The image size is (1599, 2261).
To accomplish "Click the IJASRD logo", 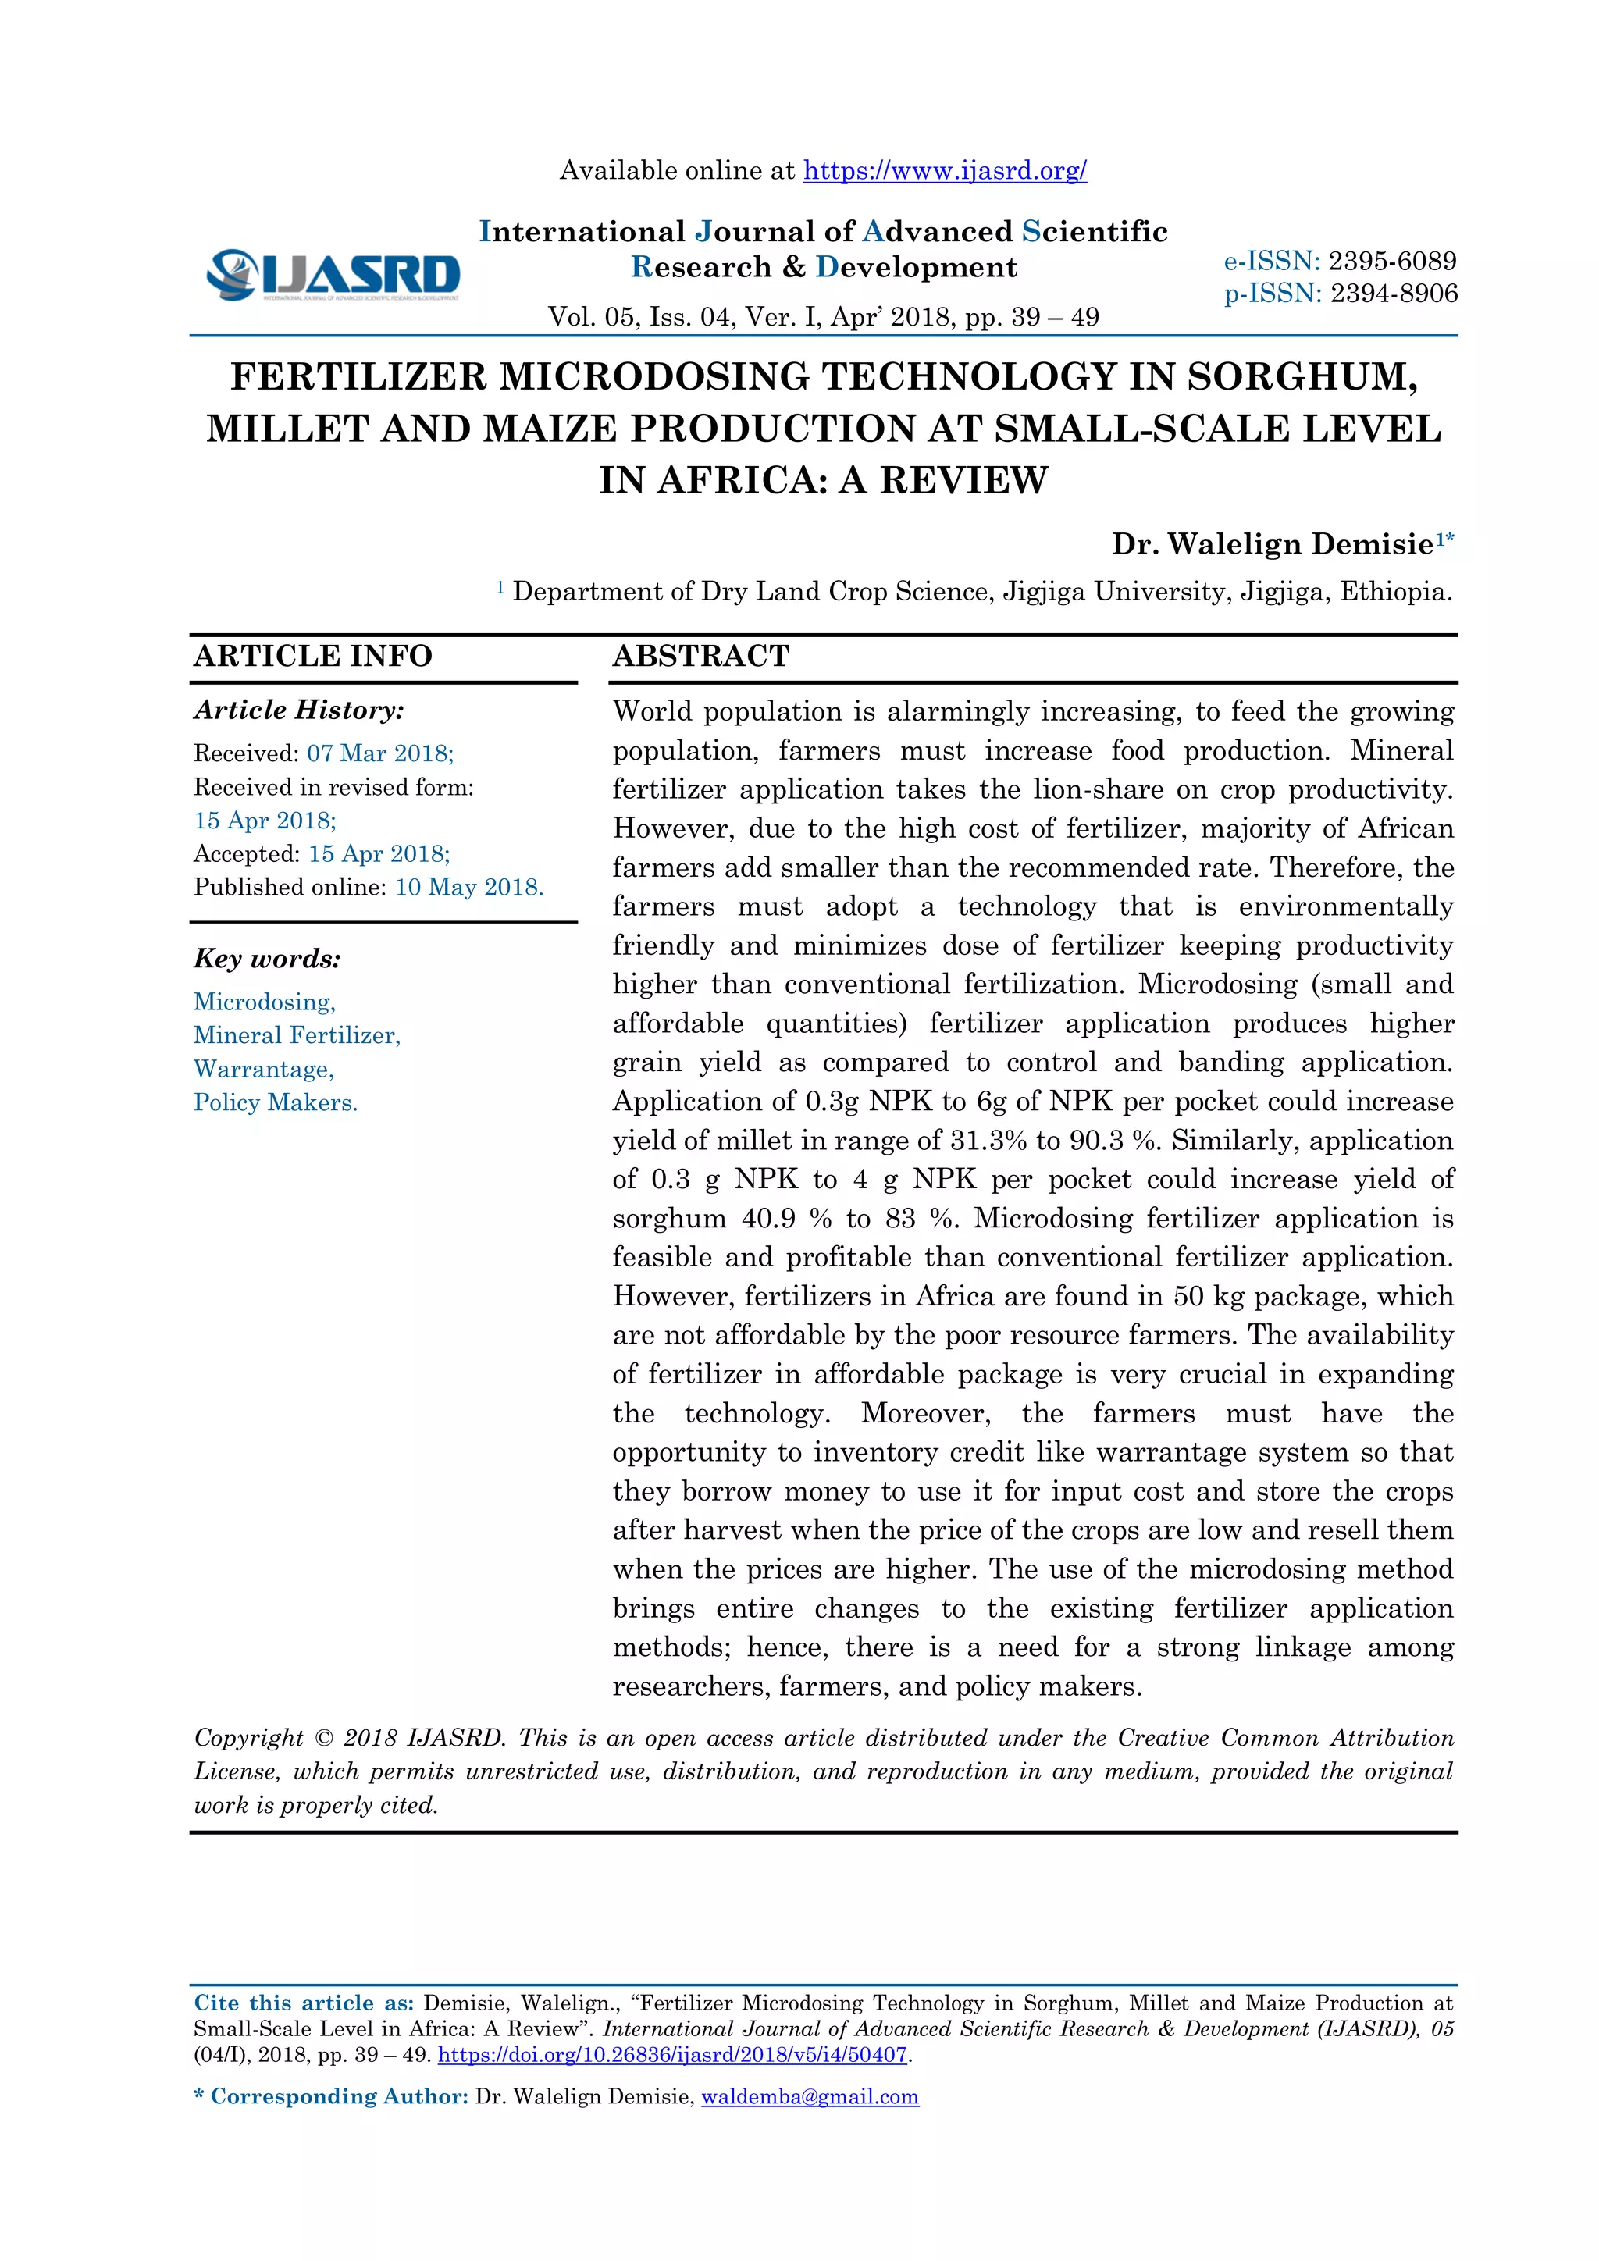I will (x=333, y=275).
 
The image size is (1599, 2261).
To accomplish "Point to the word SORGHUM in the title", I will (x=1302, y=377).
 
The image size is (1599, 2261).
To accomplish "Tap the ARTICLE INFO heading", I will (x=313, y=656).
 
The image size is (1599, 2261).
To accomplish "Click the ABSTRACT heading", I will (x=701, y=656).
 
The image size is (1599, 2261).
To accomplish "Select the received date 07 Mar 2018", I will (x=379, y=753).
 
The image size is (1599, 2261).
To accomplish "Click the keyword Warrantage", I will (x=264, y=1070).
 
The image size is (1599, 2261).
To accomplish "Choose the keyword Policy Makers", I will (x=276, y=1103).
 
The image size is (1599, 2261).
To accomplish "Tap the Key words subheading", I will (x=267, y=958).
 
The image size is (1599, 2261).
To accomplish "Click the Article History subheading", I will (x=298, y=710).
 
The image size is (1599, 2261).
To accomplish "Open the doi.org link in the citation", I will (x=672, y=2055).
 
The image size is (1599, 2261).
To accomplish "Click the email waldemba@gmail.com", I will (x=810, y=2096).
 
